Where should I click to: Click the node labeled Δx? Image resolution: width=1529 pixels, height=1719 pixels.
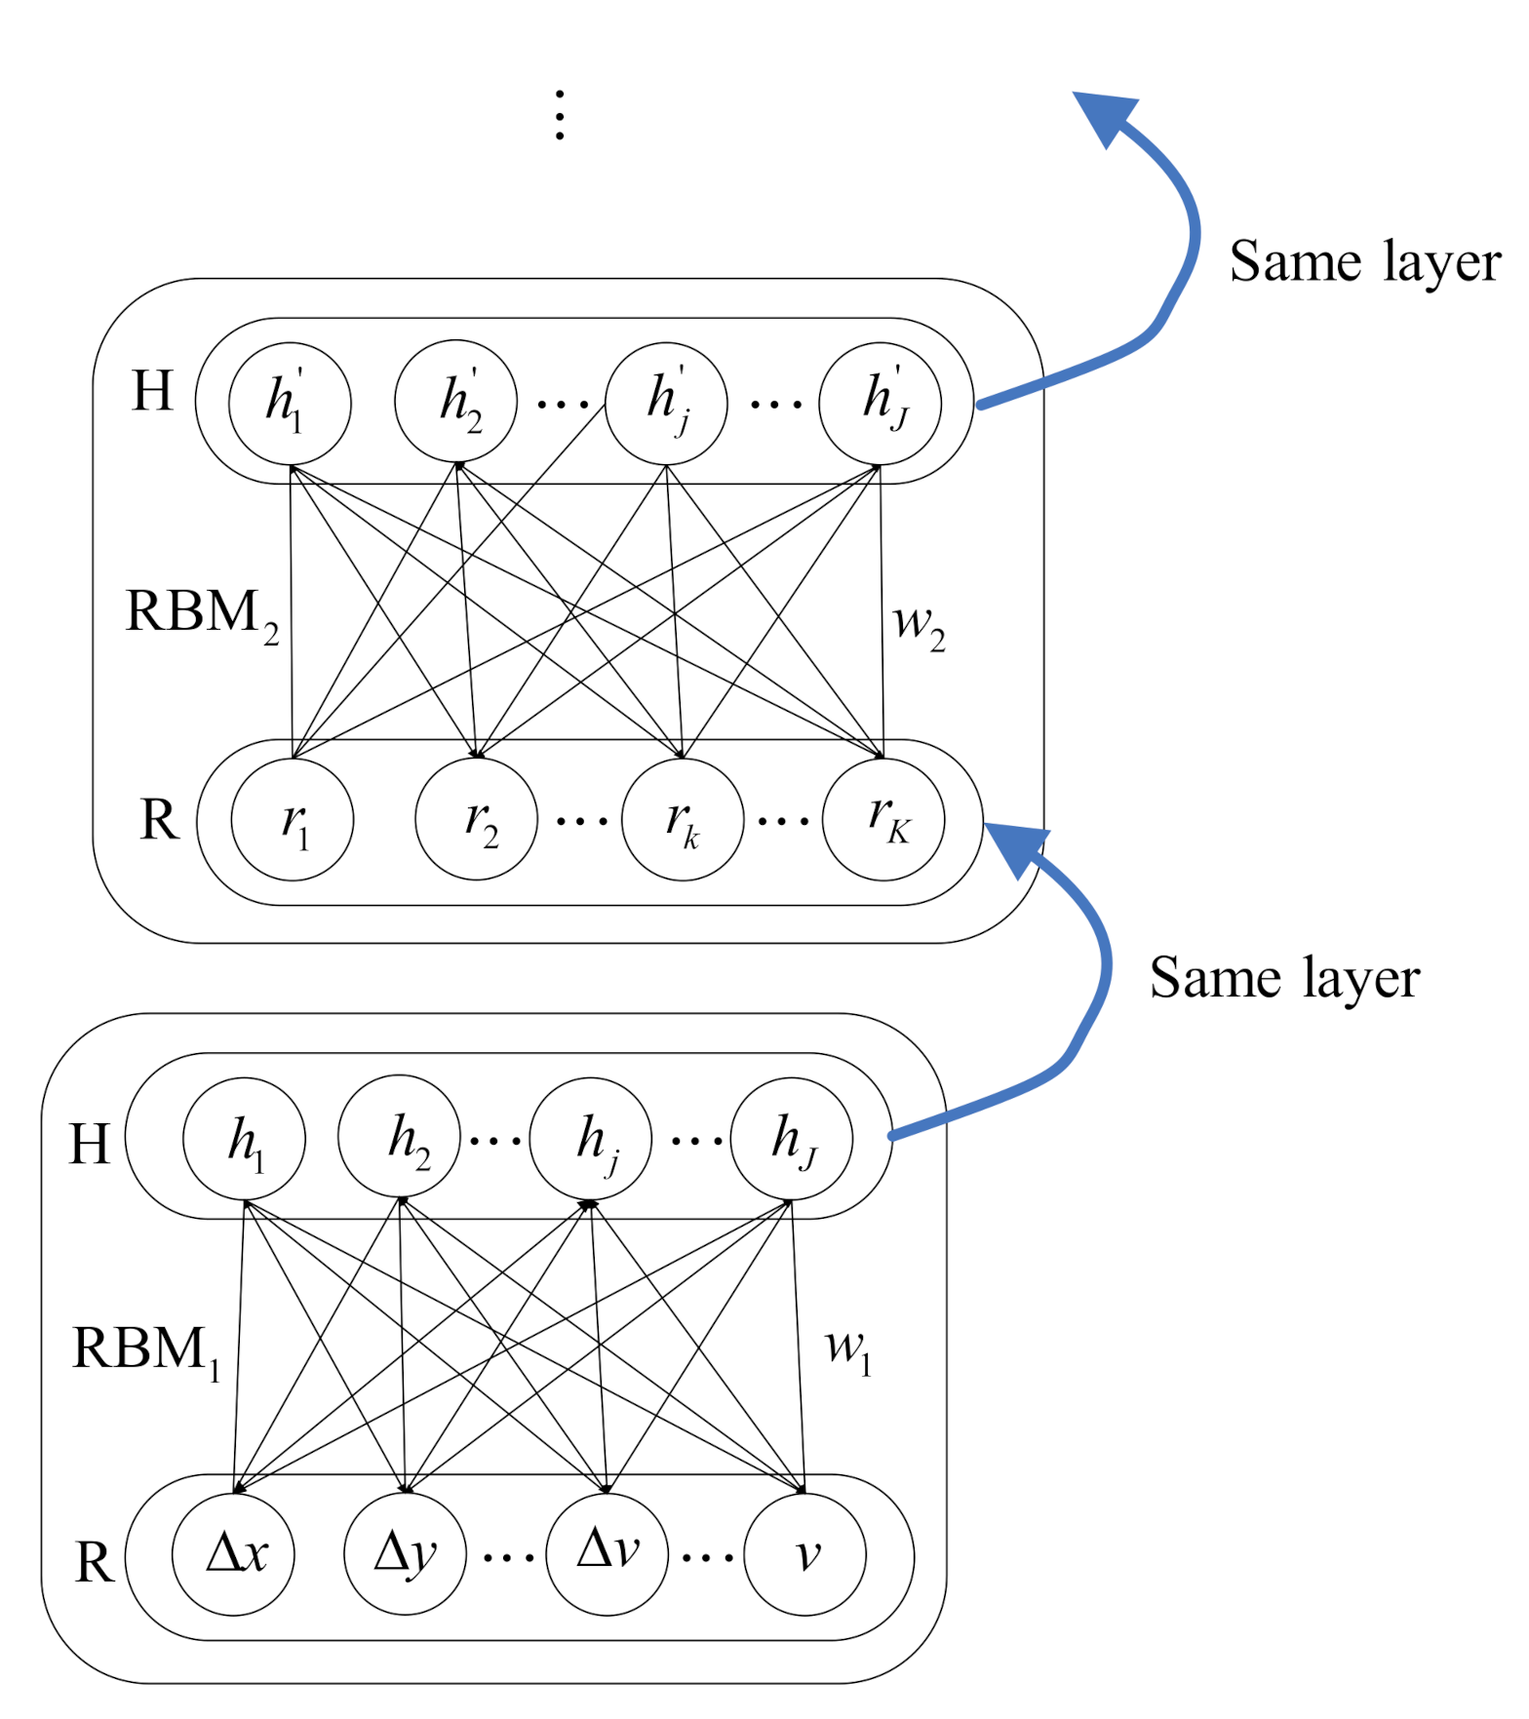[233, 1554]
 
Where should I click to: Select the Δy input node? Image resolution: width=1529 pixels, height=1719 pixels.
[405, 1554]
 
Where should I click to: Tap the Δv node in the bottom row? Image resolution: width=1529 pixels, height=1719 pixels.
[608, 1554]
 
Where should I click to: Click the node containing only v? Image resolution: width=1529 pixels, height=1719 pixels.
[805, 1554]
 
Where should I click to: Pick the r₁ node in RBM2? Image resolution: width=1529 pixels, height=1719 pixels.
[293, 820]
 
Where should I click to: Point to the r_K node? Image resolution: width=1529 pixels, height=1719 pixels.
[883, 820]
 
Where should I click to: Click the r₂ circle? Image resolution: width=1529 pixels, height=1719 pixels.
[477, 820]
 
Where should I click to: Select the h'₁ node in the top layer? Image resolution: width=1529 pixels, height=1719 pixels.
[290, 404]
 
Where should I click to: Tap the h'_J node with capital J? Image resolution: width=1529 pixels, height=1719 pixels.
[881, 404]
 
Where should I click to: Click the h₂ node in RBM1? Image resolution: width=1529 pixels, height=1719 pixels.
[399, 1138]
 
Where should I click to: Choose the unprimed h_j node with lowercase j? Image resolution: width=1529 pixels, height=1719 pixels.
[591, 1138]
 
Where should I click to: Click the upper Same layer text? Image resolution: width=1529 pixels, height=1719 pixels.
[1364, 262]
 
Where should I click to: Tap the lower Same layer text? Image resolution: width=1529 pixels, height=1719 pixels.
[1284, 978]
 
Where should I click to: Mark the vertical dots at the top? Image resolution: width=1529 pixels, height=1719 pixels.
[560, 115]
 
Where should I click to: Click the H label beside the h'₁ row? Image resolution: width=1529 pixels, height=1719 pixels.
[152, 392]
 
